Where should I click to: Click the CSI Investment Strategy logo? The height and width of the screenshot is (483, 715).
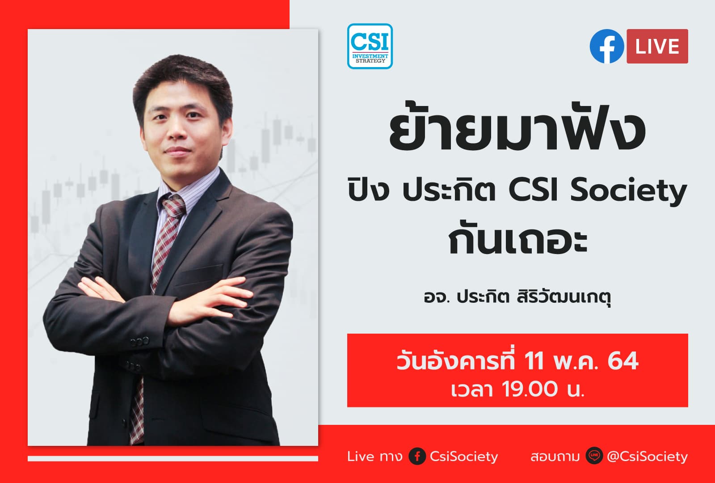[370, 46]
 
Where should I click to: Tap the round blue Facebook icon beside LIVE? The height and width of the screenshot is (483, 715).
[606, 47]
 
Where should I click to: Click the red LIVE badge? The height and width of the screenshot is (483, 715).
[657, 47]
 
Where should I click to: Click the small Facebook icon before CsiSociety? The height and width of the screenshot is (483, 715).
[417, 457]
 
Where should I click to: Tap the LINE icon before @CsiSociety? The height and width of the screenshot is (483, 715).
[594, 457]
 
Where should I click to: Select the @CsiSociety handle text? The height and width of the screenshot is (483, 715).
[648, 457]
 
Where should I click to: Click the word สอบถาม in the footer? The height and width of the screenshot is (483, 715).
[555, 457]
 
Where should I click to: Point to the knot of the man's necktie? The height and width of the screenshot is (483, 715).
[173, 207]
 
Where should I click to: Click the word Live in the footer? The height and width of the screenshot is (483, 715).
[360, 457]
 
